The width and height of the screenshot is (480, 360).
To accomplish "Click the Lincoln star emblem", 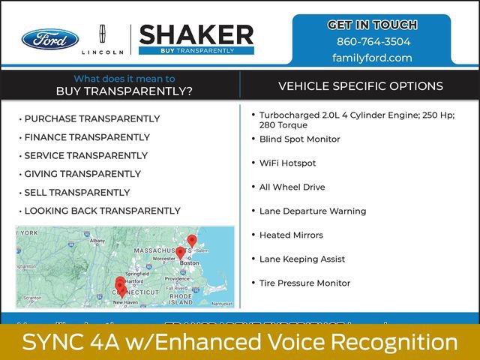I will click(103, 34).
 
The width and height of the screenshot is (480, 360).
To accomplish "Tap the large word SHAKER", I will click(196, 34).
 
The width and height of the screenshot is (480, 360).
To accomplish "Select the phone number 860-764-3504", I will click(373, 42).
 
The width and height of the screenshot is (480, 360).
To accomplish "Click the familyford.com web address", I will click(373, 58).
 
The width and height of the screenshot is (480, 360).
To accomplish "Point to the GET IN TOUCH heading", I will click(373, 25).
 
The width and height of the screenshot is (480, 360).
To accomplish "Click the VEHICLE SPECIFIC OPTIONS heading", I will click(360, 86).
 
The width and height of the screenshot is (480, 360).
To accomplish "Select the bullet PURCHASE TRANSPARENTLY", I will click(91, 118).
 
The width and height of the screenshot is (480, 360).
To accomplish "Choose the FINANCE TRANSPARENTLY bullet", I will click(87, 137).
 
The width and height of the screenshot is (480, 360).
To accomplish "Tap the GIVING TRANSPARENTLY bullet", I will click(82, 174).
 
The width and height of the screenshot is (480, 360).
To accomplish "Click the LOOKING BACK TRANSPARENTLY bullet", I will click(102, 211).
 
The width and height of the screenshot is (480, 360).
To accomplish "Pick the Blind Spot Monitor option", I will click(299, 139).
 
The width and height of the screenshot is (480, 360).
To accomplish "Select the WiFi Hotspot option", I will click(287, 163).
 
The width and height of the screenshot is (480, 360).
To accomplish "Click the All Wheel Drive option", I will click(292, 187).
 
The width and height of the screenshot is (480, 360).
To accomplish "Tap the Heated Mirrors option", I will click(291, 235).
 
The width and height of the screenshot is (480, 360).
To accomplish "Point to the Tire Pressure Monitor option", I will click(304, 283).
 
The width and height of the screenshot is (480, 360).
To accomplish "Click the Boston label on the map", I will click(190, 263).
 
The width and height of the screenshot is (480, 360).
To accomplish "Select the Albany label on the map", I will click(97, 241).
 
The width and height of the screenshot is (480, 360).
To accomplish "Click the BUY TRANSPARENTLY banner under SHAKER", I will click(196, 50).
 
